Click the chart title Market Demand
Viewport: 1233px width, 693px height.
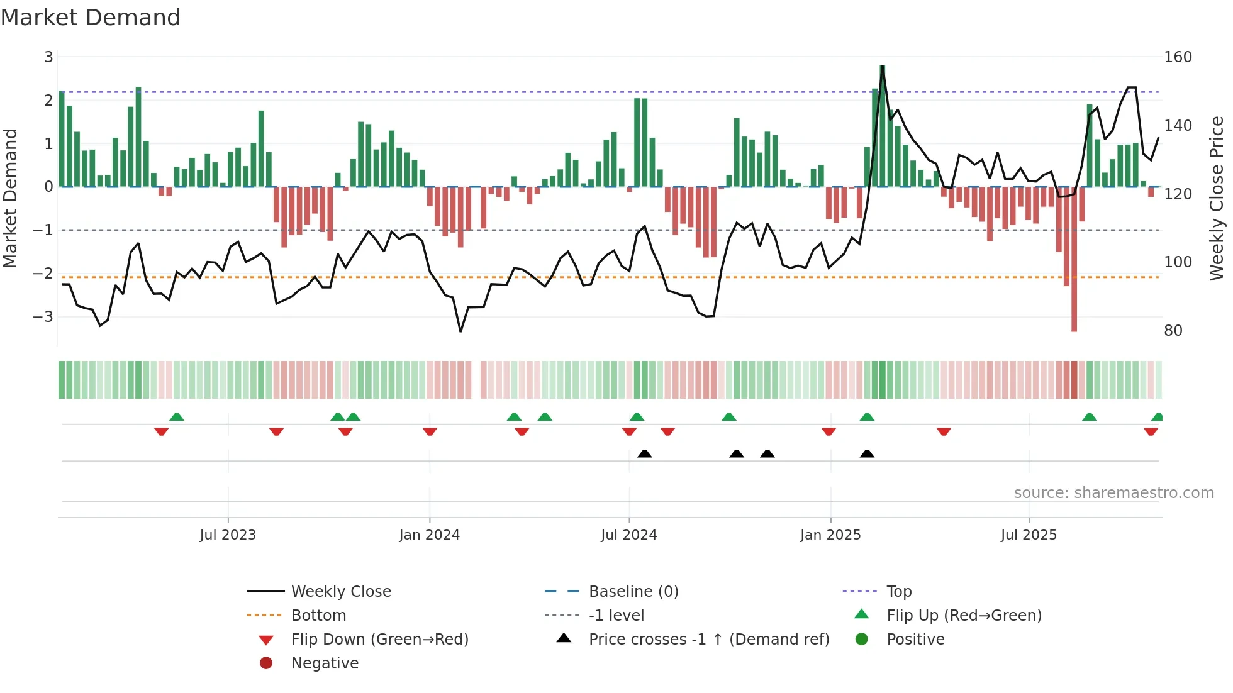91,18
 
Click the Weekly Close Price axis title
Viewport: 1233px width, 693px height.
1217,198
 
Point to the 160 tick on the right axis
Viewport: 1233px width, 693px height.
1178,57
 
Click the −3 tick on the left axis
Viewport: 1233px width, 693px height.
43,316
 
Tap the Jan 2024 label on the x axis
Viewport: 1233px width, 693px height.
429,535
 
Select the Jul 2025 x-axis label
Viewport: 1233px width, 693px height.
1029,535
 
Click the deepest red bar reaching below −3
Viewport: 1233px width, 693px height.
1074,264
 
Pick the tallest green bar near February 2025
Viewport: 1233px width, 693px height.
882,126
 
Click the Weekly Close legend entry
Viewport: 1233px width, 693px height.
340,592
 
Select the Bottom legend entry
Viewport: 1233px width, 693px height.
318,616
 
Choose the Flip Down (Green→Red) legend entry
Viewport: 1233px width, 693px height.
379,640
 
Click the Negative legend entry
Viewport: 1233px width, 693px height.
325,663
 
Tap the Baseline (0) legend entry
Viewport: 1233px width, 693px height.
633,592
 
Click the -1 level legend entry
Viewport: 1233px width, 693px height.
616,616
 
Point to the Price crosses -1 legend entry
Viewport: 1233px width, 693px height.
708,640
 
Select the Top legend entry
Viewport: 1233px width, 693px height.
898,592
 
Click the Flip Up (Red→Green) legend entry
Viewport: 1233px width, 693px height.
964,616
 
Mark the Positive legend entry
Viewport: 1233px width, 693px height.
915,640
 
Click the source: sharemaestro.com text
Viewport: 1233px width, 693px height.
1113,493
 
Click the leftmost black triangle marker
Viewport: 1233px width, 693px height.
644,453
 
